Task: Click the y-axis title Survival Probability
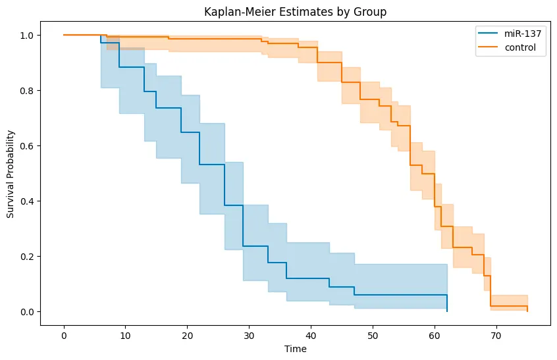click(x=11, y=173)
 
